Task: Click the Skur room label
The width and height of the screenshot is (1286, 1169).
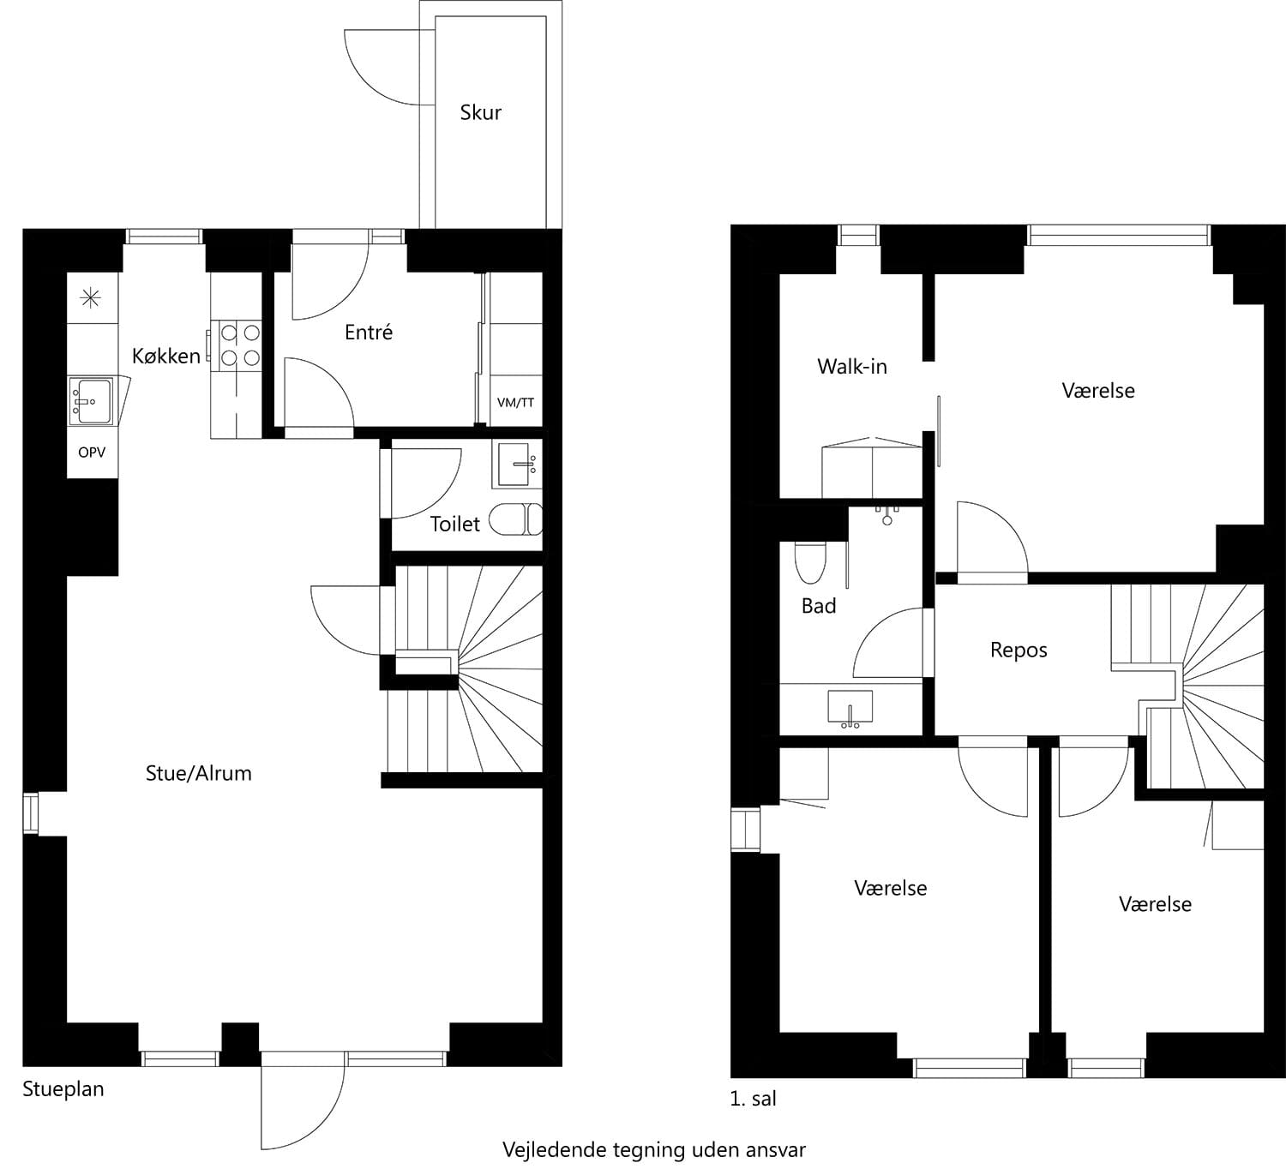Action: click(x=480, y=113)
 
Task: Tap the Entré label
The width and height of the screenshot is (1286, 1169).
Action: click(x=369, y=332)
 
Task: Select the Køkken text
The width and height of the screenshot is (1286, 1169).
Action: click(x=166, y=356)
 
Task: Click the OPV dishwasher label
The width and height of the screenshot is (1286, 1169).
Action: click(x=92, y=453)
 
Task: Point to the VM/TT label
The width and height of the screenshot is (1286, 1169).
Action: click(x=515, y=403)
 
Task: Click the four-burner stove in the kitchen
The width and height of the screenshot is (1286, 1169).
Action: click(x=240, y=345)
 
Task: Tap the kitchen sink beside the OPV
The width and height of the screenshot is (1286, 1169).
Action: click(x=91, y=401)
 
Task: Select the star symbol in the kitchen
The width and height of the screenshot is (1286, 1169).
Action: click(x=90, y=298)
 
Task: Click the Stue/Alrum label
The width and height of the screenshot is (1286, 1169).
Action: click(x=199, y=773)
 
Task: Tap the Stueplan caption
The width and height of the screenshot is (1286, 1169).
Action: click(x=63, y=1089)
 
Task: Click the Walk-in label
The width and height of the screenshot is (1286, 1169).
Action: click(x=852, y=367)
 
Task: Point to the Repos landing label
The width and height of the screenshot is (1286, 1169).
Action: click(x=1019, y=650)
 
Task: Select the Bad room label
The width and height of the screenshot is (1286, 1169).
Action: click(x=819, y=606)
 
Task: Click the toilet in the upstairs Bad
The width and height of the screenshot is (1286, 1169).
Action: click(x=810, y=563)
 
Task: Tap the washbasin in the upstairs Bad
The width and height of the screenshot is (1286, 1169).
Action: click(x=850, y=709)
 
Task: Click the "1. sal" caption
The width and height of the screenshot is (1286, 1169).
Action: click(x=753, y=1099)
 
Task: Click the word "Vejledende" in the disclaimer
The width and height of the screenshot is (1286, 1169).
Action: click(x=556, y=1150)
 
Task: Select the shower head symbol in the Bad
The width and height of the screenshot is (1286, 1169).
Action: click(x=887, y=515)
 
